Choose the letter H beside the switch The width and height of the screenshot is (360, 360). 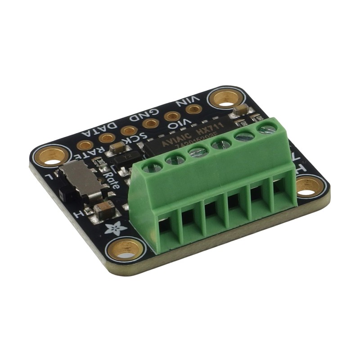[x=81, y=213]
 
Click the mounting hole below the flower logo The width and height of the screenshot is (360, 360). [x=126, y=248]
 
